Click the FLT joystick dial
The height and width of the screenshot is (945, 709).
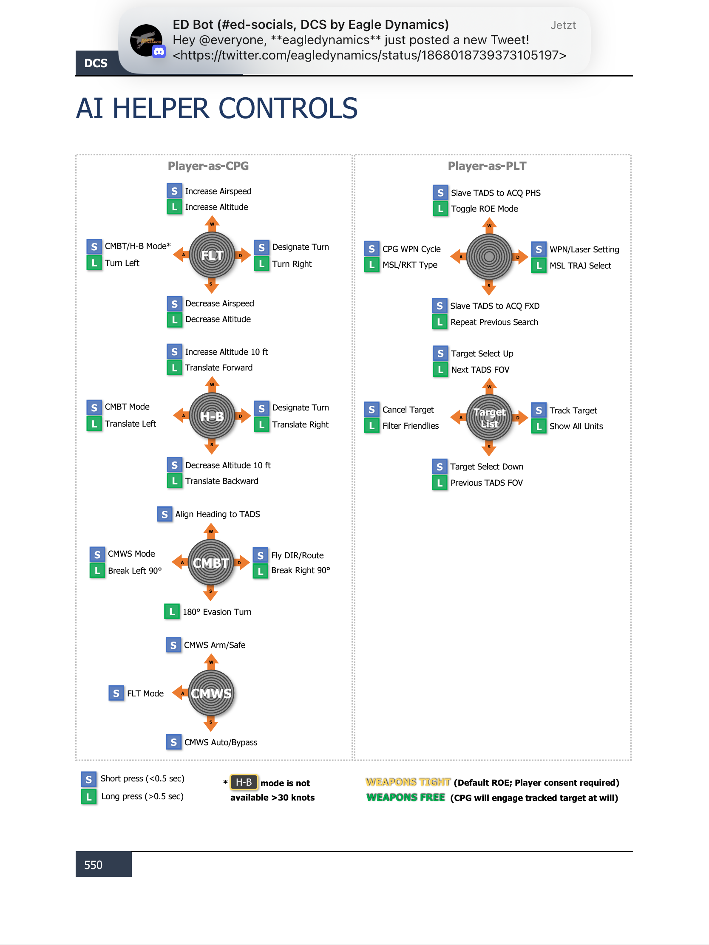point(212,255)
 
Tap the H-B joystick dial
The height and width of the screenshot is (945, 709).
point(212,416)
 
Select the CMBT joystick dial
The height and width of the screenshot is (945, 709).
point(211,563)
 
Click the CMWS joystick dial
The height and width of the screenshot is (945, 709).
point(211,693)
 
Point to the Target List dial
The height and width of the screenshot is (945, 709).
point(489,418)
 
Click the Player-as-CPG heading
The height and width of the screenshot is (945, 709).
point(208,166)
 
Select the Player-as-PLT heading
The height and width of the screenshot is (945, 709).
point(487,166)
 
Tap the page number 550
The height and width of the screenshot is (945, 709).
point(93,865)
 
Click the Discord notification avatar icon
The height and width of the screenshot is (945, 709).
point(147,41)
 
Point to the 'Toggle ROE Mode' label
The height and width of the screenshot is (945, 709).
point(484,209)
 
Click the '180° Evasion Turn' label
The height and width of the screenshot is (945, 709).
point(217,612)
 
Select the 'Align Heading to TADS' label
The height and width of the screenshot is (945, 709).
point(218,514)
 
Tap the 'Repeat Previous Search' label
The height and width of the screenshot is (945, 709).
point(494,322)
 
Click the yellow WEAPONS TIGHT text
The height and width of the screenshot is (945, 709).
point(408,782)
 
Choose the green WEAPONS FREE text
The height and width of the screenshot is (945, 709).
point(406,797)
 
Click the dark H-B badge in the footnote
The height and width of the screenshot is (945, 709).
point(244,782)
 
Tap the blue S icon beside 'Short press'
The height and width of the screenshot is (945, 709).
point(88,779)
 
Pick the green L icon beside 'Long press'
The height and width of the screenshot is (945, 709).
point(88,796)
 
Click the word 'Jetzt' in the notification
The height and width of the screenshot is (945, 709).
point(563,25)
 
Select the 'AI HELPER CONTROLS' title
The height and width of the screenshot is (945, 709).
point(217,108)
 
